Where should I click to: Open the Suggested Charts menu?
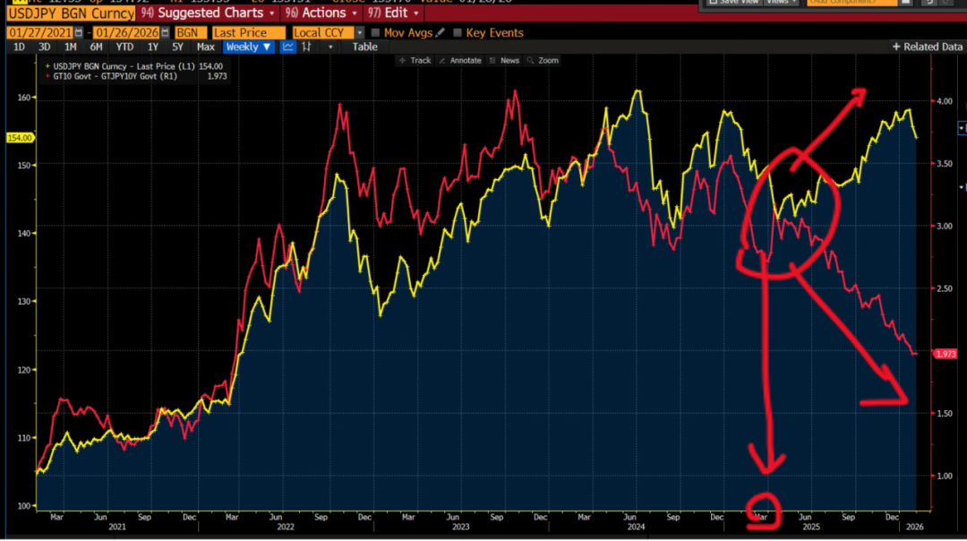pos(209,13)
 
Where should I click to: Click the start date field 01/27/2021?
pos(39,32)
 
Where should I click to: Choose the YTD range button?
pos(124,47)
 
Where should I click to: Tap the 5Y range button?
pos(177,47)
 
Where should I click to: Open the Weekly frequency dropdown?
pos(248,47)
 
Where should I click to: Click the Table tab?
pos(364,47)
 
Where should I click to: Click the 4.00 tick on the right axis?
pos(944,101)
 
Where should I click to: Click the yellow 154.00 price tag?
pos(18,138)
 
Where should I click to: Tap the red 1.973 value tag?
pos(945,354)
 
